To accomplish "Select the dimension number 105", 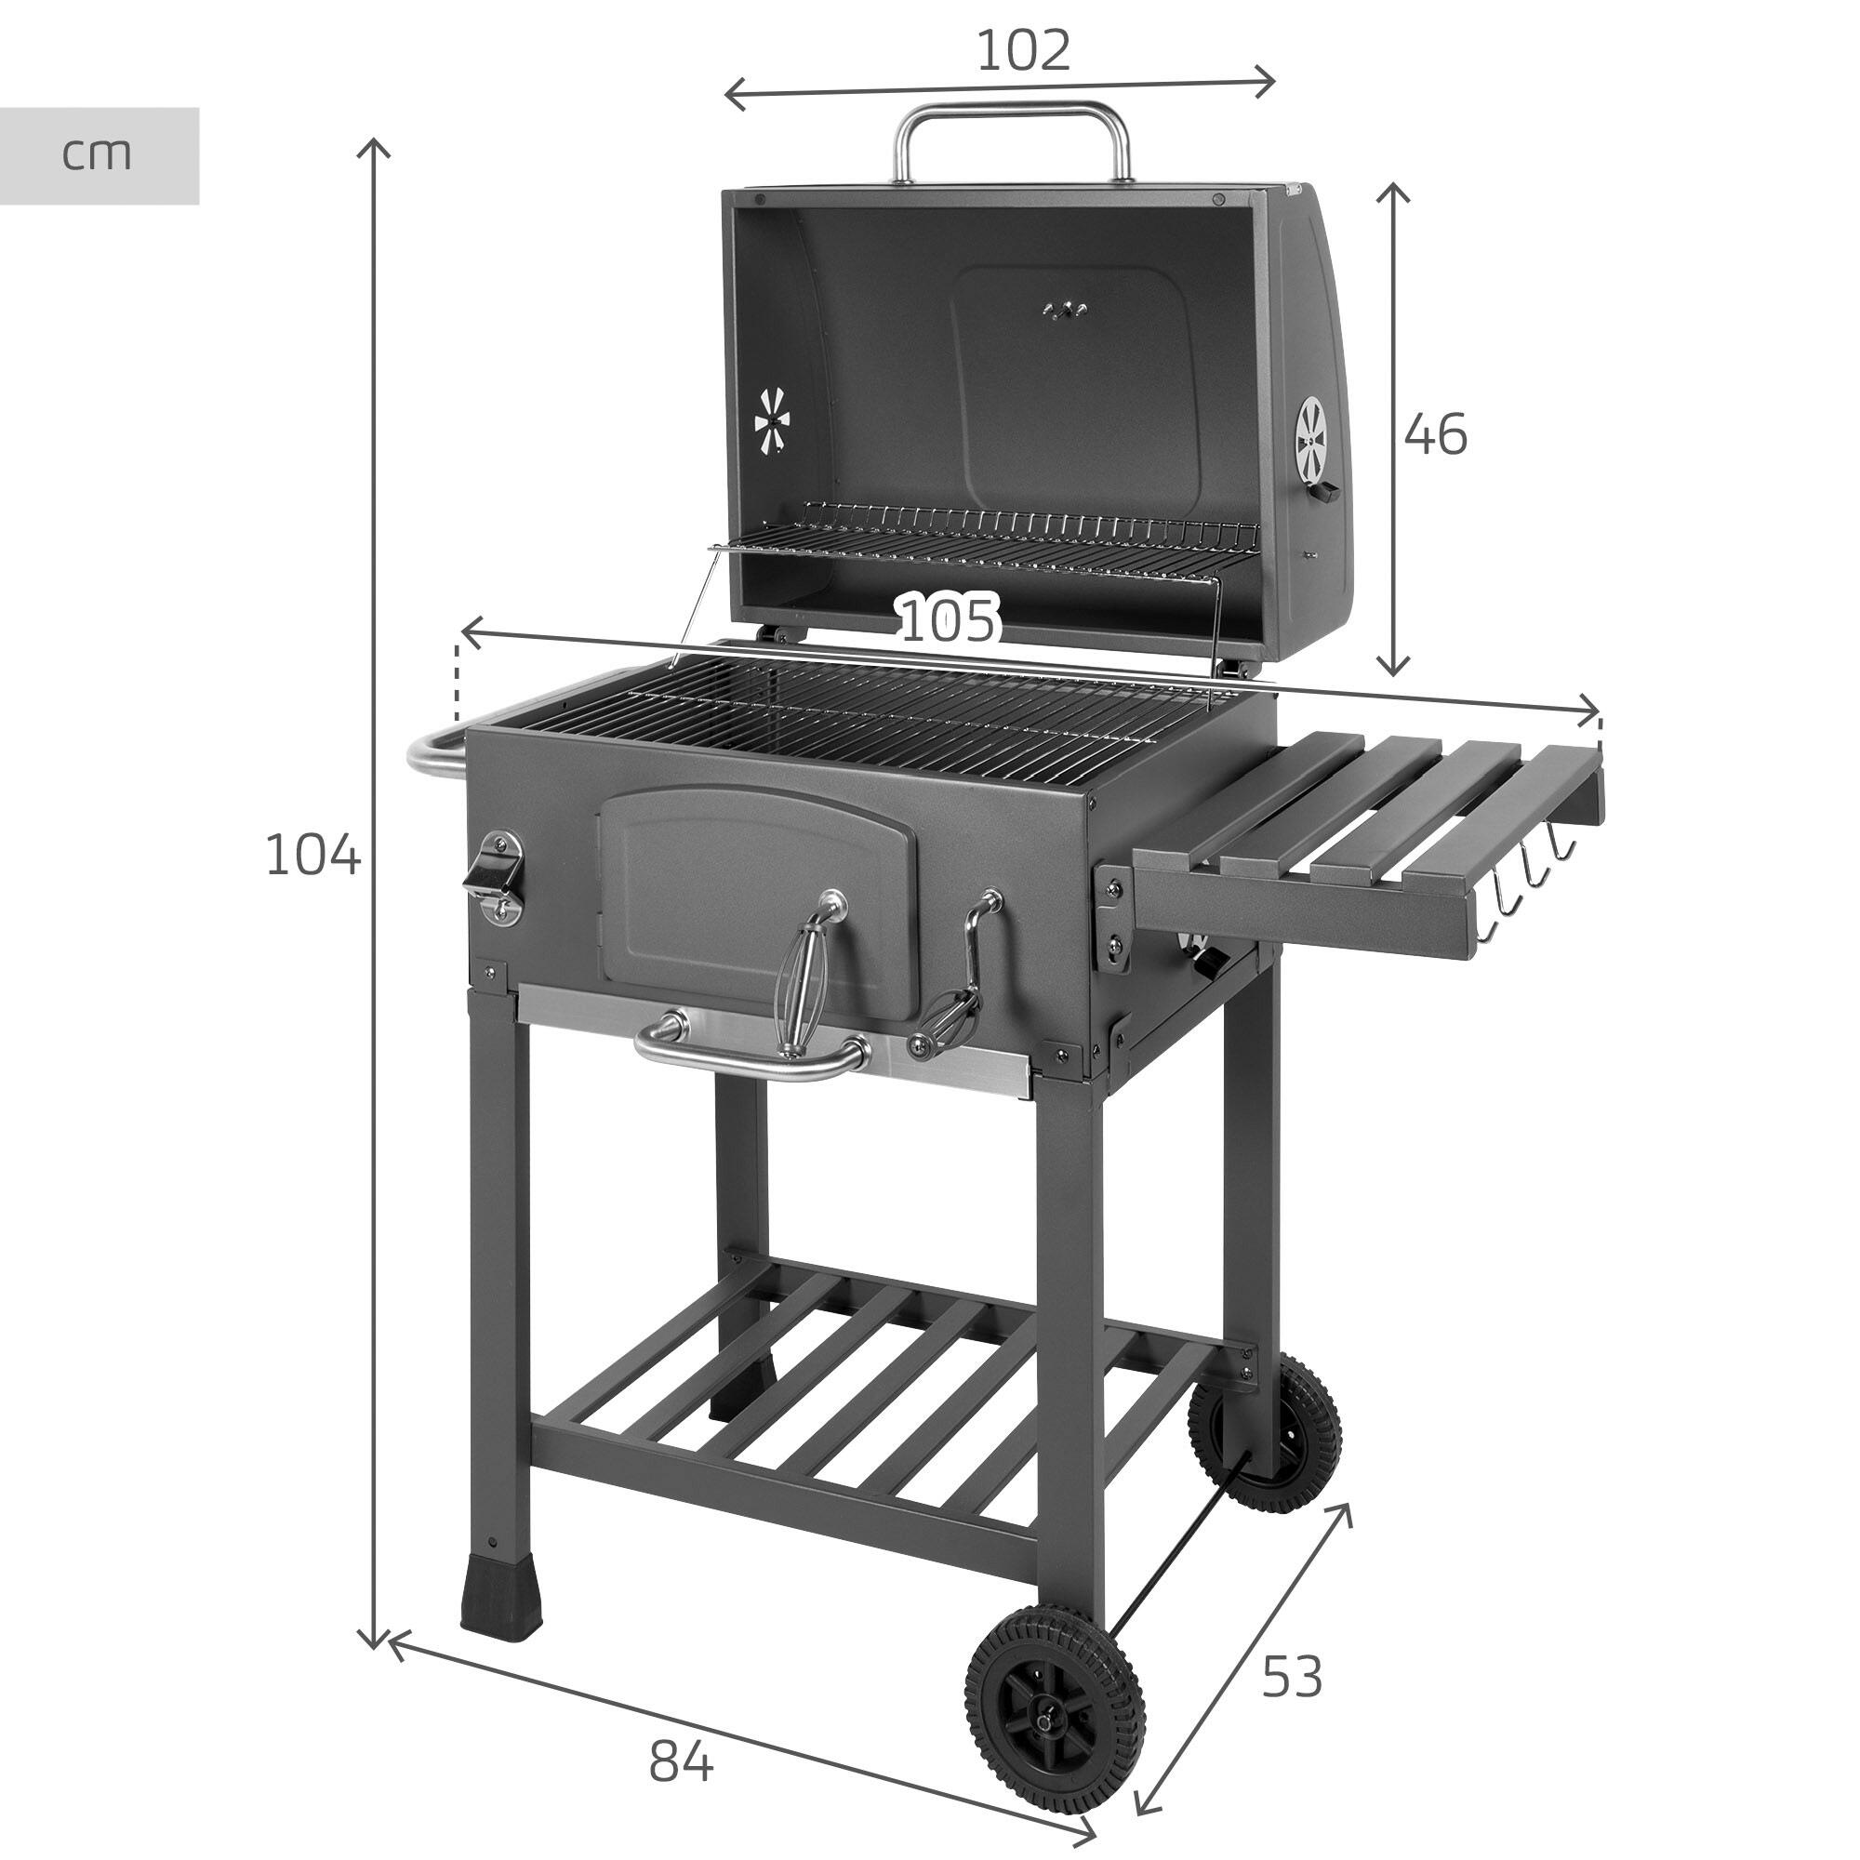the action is [x=950, y=620].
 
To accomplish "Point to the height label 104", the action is [x=312, y=854].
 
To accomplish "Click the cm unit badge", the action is [x=98, y=154].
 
